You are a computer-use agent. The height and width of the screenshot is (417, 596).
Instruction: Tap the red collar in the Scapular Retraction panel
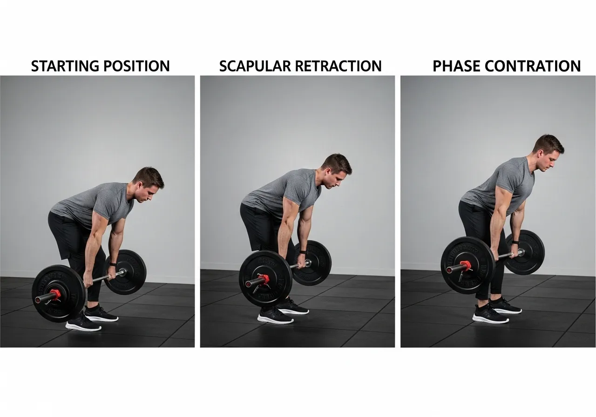pyautogui.click(x=264, y=280)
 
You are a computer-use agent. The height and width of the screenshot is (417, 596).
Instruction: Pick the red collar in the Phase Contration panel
pyautogui.click(x=466, y=267)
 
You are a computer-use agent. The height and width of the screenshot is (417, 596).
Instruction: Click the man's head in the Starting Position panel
pyautogui.click(x=148, y=183)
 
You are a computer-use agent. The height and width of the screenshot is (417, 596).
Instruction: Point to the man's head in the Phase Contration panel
pyautogui.click(x=549, y=152)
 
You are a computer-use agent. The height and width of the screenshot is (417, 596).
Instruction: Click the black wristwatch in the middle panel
pyautogui.click(x=303, y=252)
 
